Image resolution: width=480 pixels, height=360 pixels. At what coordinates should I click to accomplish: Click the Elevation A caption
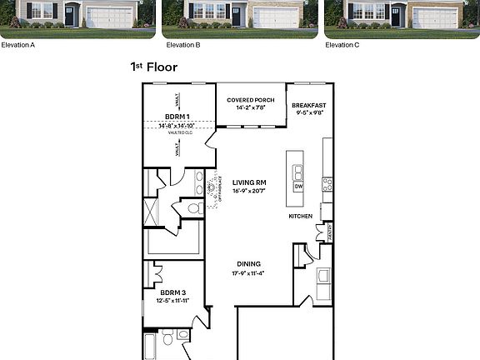(x=17, y=44)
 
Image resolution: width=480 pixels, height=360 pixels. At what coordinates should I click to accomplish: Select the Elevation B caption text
(x=182, y=44)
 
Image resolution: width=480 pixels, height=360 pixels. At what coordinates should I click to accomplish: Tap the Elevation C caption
(x=342, y=44)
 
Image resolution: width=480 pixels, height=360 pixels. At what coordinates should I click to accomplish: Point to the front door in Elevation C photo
(x=396, y=15)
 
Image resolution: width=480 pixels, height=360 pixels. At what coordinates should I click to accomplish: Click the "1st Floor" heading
(x=153, y=67)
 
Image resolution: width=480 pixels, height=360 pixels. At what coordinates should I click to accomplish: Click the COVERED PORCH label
(x=251, y=100)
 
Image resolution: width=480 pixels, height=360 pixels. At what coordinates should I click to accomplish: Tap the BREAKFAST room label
(x=307, y=105)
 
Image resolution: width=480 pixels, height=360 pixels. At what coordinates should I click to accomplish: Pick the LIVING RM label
(x=249, y=182)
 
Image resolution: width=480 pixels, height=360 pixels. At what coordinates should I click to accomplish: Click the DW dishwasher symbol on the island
(x=298, y=187)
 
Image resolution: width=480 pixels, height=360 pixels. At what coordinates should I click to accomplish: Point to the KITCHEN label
(x=300, y=216)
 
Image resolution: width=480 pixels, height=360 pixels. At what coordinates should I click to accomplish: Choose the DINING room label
(x=248, y=264)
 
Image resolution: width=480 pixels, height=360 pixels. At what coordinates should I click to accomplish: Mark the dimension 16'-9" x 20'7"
(x=249, y=191)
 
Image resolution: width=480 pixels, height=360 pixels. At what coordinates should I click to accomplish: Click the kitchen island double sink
(x=298, y=172)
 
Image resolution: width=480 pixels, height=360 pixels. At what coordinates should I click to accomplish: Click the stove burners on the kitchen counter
(x=327, y=183)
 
